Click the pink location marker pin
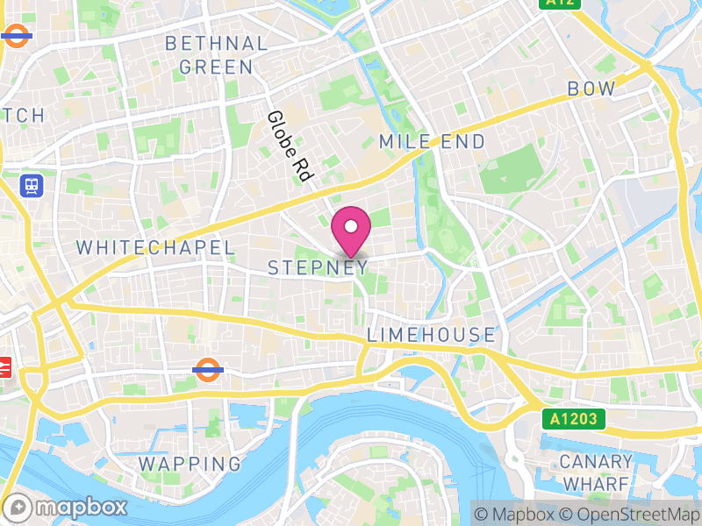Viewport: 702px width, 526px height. pos(351,230)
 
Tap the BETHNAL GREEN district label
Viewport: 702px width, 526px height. pos(216,55)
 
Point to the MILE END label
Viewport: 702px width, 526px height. pos(432,142)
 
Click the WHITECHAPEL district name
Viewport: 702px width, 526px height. pos(155,248)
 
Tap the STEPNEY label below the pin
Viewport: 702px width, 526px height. pos(317,268)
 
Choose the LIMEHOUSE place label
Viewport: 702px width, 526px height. pos(431,335)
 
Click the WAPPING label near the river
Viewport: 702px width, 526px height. pos(190,463)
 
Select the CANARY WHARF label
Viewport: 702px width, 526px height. pos(597,473)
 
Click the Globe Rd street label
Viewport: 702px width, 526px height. pos(290,146)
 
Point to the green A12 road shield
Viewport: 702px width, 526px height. pos(561,4)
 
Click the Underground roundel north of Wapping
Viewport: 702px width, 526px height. pos(205,369)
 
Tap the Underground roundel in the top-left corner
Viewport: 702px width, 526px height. pos(16,36)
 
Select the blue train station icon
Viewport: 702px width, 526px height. pos(32,185)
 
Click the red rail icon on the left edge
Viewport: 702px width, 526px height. pos(4,366)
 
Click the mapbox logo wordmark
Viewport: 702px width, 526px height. pos(66,508)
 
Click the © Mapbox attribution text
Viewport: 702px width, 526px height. pos(517,514)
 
